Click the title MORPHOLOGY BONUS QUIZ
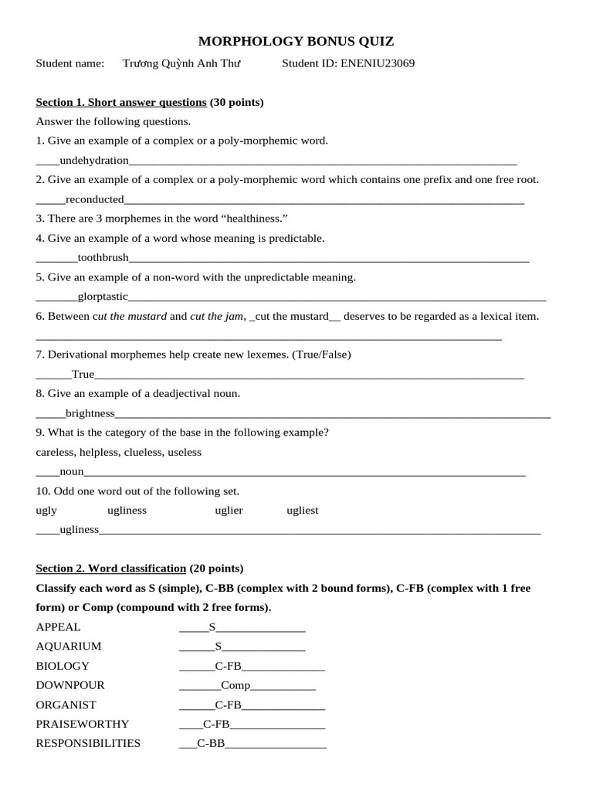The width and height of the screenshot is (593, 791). click(x=296, y=42)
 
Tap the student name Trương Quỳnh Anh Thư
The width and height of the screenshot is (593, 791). click(x=181, y=63)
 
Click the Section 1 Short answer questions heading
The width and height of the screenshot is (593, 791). click(x=121, y=102)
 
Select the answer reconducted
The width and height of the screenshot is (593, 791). click(x=94, y=199)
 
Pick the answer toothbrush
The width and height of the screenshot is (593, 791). click(x=103, y=257)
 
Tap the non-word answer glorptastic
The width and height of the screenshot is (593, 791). click(x=103, y=297)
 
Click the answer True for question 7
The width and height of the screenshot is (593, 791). click(x=83, y=375)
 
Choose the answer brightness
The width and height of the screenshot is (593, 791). click(x=90, y=413)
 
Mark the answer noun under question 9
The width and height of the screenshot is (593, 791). click(x=72, y=471)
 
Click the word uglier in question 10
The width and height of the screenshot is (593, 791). click(x=229, y=511)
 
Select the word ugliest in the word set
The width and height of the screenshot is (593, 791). click(x=302, y=511)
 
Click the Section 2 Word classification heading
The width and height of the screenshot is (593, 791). click(x=111, y=569)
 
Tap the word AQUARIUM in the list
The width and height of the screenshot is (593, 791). click(x=69, y=646)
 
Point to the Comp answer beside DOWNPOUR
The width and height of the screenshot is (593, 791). click(x=236, y=685)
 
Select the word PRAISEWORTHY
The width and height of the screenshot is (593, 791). click(x=83, y=724)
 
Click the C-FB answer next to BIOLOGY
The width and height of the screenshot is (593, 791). click(x=229, y=666)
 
